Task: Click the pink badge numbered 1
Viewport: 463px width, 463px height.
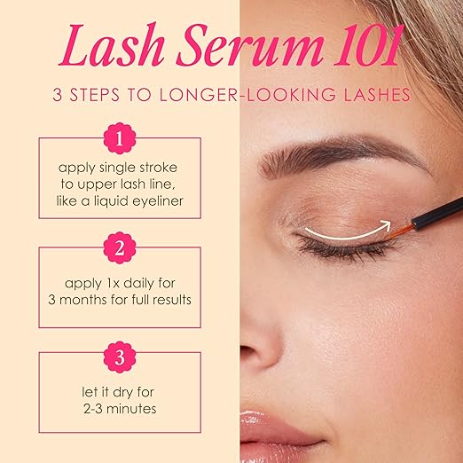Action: pyautogui.click(x=120, y=138)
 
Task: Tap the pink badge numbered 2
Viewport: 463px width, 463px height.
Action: pyautogui.click(x=120, y=247)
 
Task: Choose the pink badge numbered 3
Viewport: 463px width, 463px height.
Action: pyautogui.click(x=120, y=357)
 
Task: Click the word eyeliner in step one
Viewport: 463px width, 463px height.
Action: pyautogui.click(x=158, y=202)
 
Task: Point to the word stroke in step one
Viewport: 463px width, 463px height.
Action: pyautogui.click(x=159, y=168)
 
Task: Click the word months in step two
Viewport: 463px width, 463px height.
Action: pyautogui.click(x=83, y=300)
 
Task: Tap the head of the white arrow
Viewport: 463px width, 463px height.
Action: pyautogui.click(x=386, y=226)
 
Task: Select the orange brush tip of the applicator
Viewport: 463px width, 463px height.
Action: pyautogui.click(x=399, y=231)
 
